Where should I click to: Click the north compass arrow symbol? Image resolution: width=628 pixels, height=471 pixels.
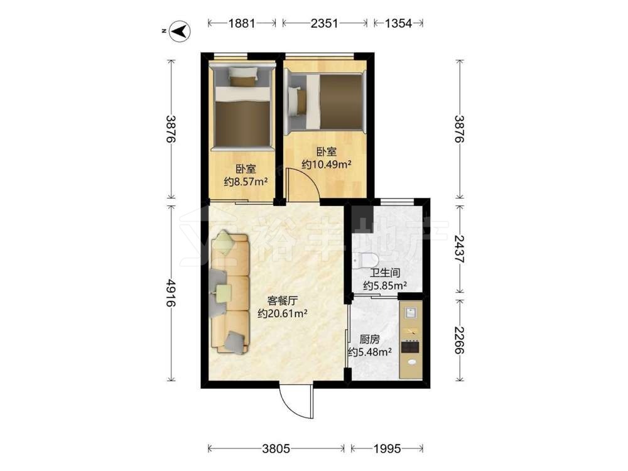click(179, 31)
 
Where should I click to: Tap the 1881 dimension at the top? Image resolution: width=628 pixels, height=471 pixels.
click(242, 23)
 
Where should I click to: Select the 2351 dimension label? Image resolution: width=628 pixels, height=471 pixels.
click(325, 23)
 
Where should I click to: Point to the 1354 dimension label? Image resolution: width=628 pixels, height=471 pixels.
click(398, 23)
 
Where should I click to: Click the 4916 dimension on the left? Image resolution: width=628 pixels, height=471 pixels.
click(171, 293)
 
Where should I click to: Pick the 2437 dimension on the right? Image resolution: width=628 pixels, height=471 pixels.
click(459, 248)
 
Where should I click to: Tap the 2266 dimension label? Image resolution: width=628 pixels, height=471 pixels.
click(459, 340)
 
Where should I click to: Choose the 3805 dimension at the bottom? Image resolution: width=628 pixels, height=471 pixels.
click(276, 448)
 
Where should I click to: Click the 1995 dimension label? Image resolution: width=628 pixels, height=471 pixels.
click(387, 448)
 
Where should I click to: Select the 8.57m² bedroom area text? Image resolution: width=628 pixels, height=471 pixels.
click(246, 182)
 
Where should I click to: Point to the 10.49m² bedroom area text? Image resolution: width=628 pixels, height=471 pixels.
click(327, 164)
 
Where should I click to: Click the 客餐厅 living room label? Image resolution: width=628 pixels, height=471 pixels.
click(283, 300)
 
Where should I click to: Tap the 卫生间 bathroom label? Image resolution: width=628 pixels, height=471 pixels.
click(385, 273)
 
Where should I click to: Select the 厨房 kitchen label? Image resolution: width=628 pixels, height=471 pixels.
click(369, 340)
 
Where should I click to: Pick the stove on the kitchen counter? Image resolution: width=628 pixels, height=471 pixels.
click(411, 346)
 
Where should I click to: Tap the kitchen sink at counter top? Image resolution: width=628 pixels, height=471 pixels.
click(411, 312)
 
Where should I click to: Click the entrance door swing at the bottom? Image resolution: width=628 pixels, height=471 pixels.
click(296, 403)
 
